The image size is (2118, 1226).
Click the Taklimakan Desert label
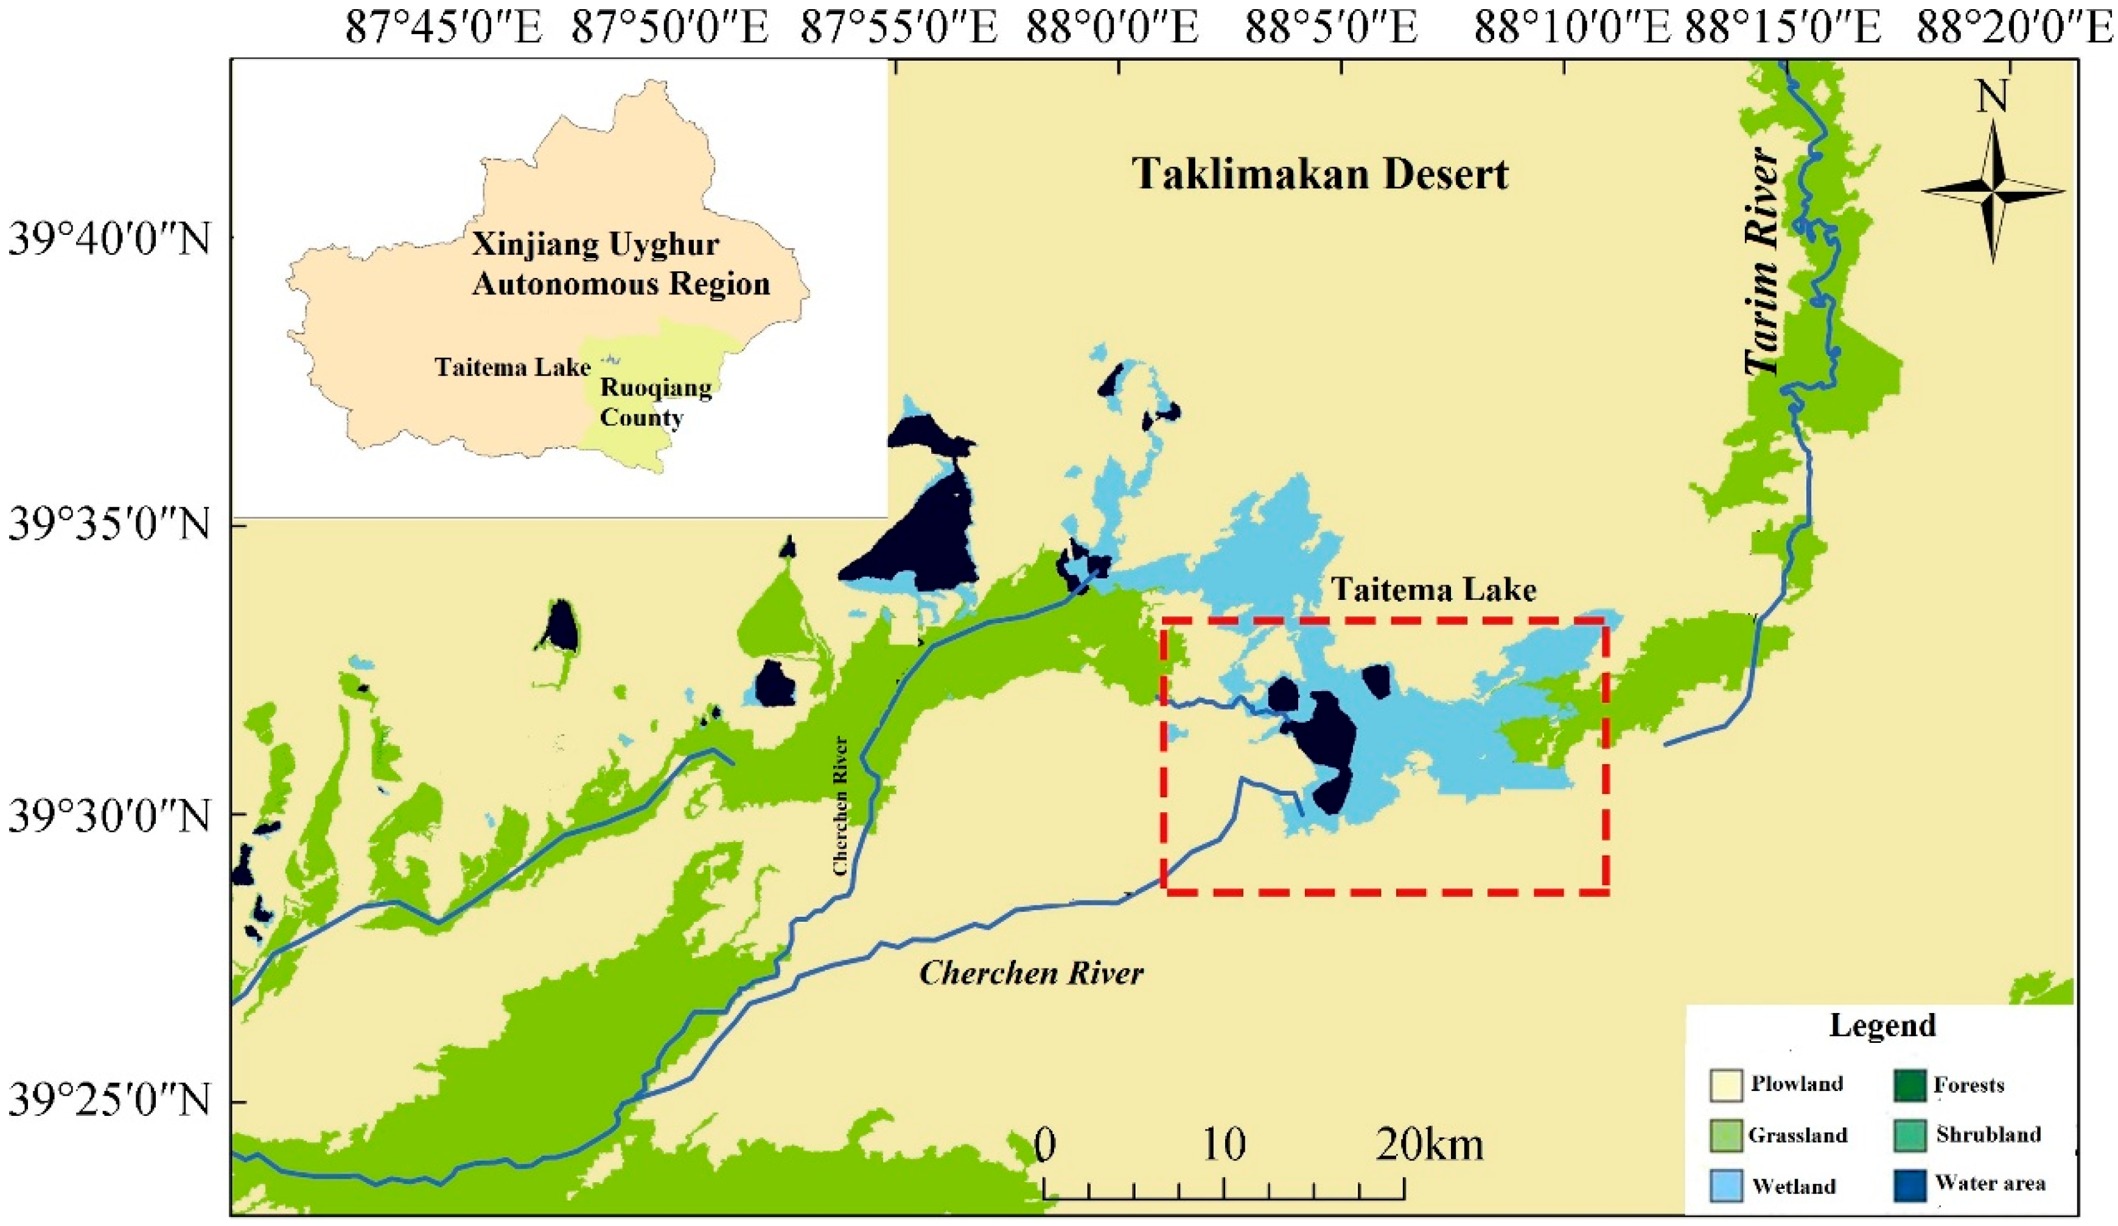(x=1320, y=175)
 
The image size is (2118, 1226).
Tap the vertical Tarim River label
(x=1763, y=262)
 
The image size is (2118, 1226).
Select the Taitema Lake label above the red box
(x=1434, y=590)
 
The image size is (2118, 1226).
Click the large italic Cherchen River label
(x=1031, y=973)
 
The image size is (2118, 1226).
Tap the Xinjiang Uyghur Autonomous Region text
(x=620, y=264)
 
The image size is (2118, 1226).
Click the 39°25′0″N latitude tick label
(x=110, y=1102)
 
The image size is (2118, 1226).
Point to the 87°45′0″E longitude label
(x=445, y=29)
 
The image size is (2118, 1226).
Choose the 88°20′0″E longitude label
(x=2016, y=29)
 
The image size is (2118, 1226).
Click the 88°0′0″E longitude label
(x=1112, y=29)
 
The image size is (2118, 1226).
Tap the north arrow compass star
(x=1993, y=192)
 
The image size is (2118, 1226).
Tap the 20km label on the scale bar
(x=1429, y=1145)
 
